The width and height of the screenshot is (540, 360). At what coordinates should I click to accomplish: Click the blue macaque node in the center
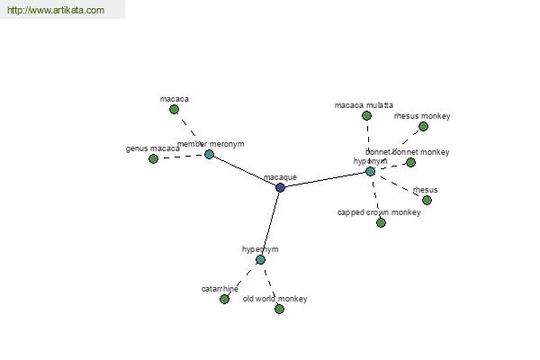coord(281,187)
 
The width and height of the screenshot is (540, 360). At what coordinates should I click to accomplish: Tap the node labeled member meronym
coord(209,154)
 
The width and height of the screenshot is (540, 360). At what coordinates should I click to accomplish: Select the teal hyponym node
coord(370,171)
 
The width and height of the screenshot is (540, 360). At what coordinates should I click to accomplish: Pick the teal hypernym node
coord(260,259)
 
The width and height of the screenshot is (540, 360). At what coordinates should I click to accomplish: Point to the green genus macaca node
coord(153,158)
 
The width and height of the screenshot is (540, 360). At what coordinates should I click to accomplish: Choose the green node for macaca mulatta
coord(366,115)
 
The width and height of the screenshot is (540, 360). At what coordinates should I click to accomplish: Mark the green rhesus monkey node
coord(423,126)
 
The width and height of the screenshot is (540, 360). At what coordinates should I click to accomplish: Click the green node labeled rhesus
coord(427,200)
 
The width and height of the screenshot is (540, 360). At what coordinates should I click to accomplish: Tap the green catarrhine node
coord(224,299)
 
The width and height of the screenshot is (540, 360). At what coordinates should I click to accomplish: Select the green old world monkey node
coord(279,309)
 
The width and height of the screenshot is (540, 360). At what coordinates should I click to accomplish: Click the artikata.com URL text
coord(55,11)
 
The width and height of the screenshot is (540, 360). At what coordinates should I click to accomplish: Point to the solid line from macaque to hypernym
coord(271,222)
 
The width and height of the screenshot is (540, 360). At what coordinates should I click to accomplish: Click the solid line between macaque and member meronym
coord(245,171)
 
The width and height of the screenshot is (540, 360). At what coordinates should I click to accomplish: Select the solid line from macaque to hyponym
coord(325,179)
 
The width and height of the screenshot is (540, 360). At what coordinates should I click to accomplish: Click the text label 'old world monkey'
coord(275,299)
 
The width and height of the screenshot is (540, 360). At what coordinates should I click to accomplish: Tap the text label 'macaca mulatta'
coord(364,105)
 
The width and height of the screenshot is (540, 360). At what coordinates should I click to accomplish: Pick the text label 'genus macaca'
coord(152,148)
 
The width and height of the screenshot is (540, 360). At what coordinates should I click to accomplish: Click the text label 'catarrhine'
coord(220,289)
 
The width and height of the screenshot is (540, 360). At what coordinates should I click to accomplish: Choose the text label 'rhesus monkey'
coord(422,116)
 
